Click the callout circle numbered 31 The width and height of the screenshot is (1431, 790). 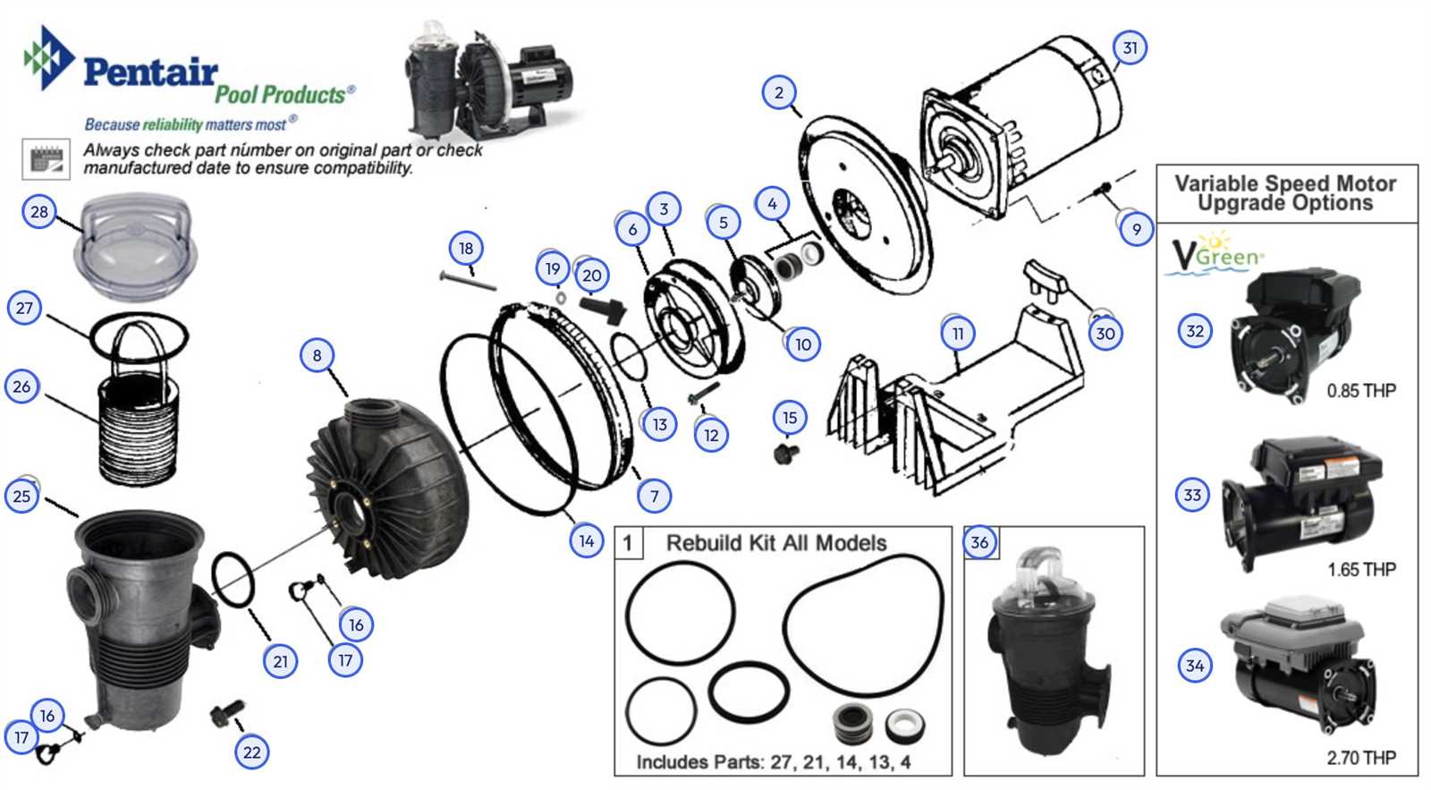click(1130, 47)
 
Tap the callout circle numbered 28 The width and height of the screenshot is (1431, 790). click(39, 212)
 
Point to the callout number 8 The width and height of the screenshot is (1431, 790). click(317, 355)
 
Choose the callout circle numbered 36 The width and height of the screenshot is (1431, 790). click(979, 542)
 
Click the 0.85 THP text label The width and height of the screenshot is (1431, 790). click(1360, 391)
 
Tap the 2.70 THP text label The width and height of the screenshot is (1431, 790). click(1360, 758)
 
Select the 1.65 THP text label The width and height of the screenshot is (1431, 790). click(1360, 570)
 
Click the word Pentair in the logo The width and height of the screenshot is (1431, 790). click(150, 72)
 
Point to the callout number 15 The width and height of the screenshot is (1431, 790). click(789, 418)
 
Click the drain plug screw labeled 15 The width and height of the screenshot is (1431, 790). click(785, 454)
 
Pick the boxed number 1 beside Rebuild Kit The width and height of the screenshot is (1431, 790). click(628, 543)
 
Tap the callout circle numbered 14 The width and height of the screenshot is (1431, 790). click(587, 540)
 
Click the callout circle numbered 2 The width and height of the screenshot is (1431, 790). click(779, 92)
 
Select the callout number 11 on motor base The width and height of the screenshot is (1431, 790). click(958, 334)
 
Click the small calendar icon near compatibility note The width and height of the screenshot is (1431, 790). click(46, 160)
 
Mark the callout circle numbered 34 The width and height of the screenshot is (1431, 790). click(1195, 665)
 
